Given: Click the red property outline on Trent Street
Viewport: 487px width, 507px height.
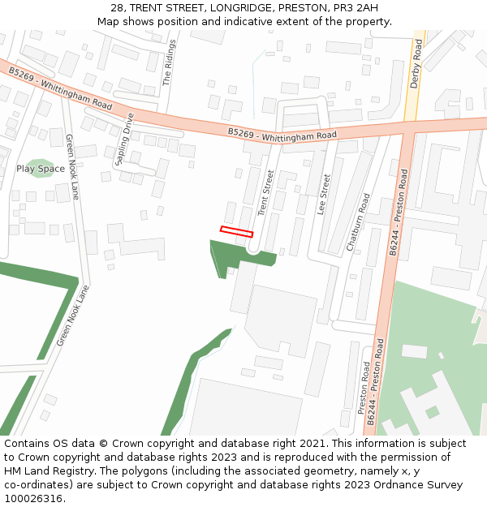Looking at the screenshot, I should [x=236, y=231].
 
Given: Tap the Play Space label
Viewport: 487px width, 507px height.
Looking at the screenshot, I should [x=41, y=169].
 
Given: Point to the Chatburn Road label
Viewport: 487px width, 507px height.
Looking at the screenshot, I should [x=358, y=221].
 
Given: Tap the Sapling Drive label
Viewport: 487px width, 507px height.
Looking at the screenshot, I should [x=124, y=139].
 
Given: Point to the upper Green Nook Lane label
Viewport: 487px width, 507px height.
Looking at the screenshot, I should [x=72, y=167].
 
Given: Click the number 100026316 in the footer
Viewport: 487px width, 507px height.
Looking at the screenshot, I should [x=34, y=499].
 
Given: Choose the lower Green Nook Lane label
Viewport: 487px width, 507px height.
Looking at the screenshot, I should [x=74, y=316].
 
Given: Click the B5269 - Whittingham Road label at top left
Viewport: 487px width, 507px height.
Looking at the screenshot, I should [x=60, y=89].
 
